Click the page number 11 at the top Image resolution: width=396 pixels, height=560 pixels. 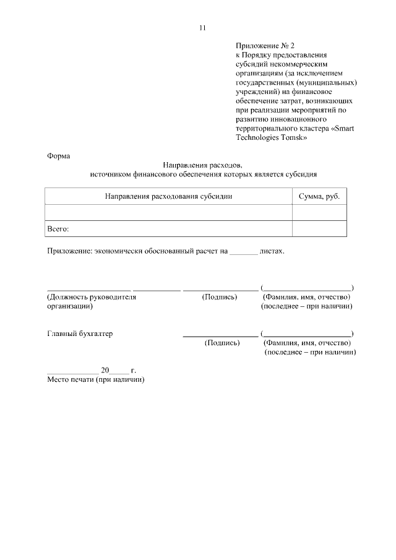[203, 27]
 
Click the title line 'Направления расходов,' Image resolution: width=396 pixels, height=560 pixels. [204, 165]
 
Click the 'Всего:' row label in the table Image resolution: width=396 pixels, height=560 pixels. [58, 229]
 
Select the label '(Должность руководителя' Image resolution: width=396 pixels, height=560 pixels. [92, 297]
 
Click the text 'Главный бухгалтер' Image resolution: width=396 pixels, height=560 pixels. [80, 334]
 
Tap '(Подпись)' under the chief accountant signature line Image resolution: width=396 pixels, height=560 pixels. [222, 343]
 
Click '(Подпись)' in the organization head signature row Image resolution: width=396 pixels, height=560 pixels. [219, 297]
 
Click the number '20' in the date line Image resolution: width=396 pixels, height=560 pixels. [105, 371]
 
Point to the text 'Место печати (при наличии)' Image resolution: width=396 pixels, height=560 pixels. [96, 379]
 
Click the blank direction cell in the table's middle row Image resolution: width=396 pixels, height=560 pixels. [168, 212]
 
